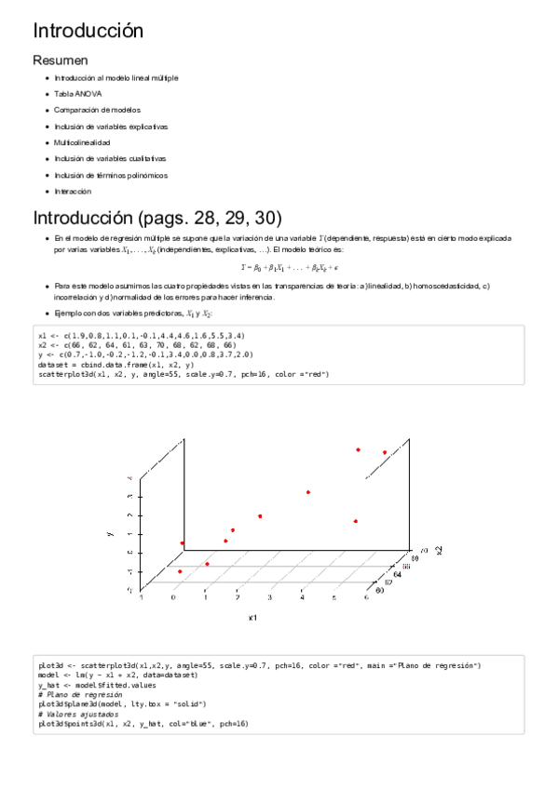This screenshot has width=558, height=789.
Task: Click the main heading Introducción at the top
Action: point(88,30)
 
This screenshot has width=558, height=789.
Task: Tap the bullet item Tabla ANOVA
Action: point(78,94)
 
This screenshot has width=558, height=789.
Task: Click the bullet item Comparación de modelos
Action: point(97,110)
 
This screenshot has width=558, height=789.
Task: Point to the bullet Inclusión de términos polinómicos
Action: point(111,175)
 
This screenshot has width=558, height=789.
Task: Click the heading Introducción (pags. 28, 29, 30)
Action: point(157,219)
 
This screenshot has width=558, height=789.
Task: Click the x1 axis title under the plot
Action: point(252,617)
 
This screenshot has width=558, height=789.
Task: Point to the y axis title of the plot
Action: point(110,533)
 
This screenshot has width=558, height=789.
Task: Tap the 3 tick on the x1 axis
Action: point(270,598)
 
